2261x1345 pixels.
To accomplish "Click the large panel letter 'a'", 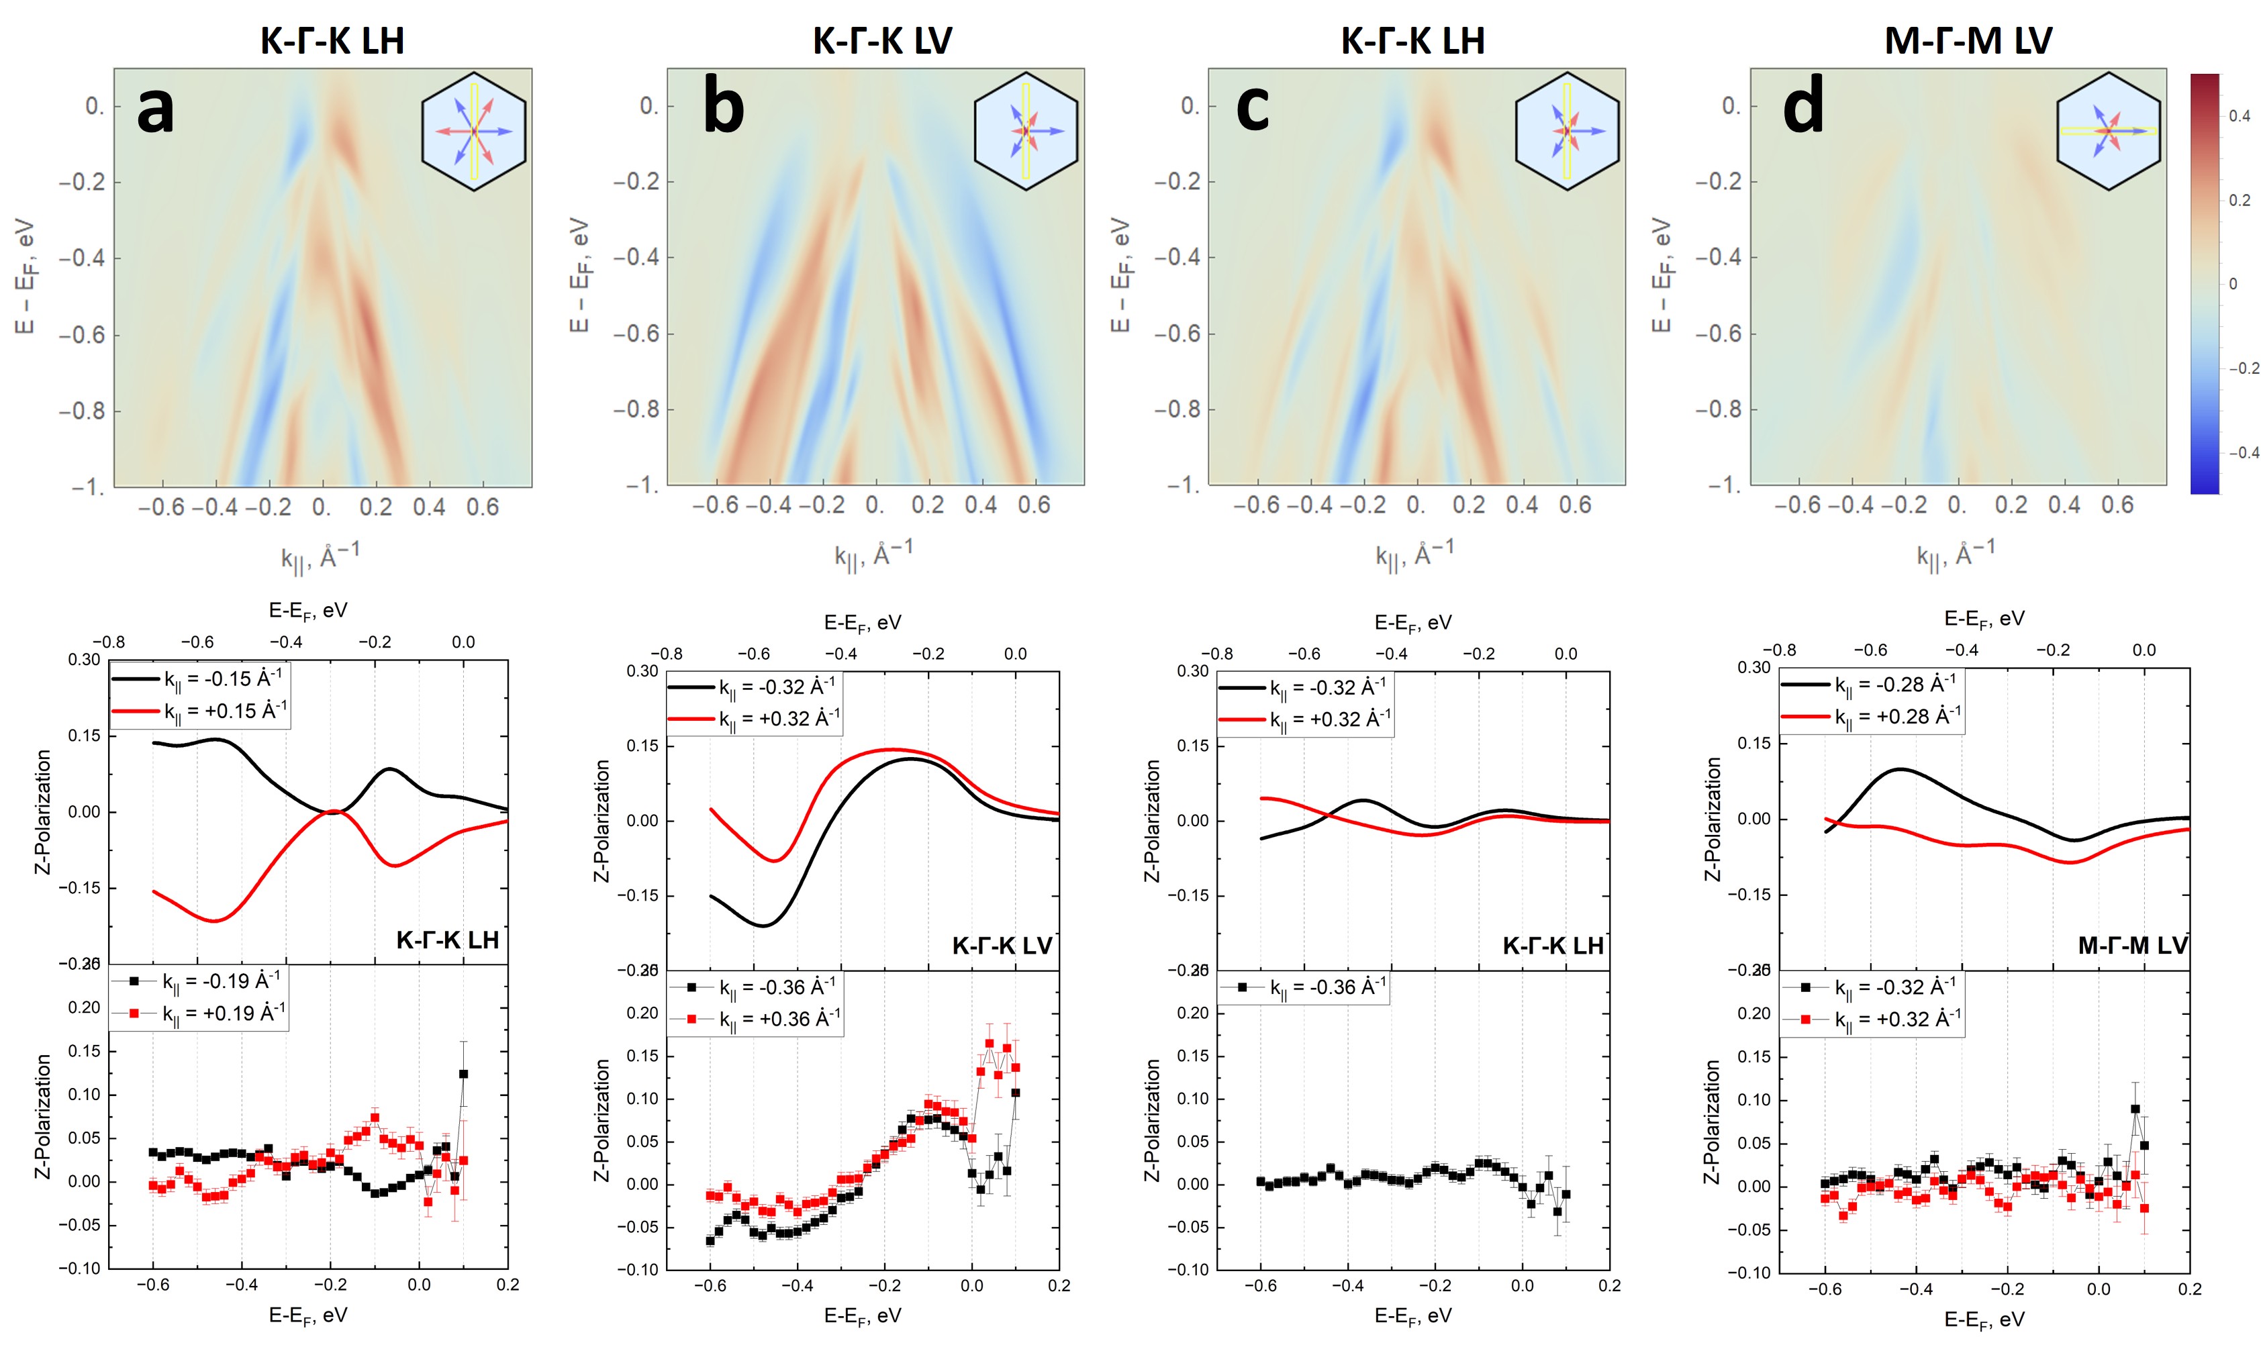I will tap(155, 111).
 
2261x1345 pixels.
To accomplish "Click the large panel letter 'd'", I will tap(1802, 107).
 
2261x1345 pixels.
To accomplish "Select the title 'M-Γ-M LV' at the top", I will tap(1967, 41).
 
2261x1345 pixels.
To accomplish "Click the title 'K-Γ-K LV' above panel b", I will tap(881, 41).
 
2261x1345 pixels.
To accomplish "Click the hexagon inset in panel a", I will tap(473, 132).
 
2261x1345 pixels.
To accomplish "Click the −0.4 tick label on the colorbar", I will tap(2243, 452).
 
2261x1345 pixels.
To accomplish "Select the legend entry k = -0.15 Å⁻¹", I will tap(222, 679).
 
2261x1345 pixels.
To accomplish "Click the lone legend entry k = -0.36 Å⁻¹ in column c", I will tap(1327, 987).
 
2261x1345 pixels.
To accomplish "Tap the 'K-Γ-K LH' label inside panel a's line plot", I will tap(447, 940).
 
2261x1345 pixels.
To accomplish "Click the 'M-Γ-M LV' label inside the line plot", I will tap(2131, 945).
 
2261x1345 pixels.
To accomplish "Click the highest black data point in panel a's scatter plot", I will tap(463, 1074).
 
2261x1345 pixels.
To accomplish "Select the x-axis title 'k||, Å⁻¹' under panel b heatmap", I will tap(872, 554).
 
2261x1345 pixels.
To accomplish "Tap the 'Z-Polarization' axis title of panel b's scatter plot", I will tap(601, 1120).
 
